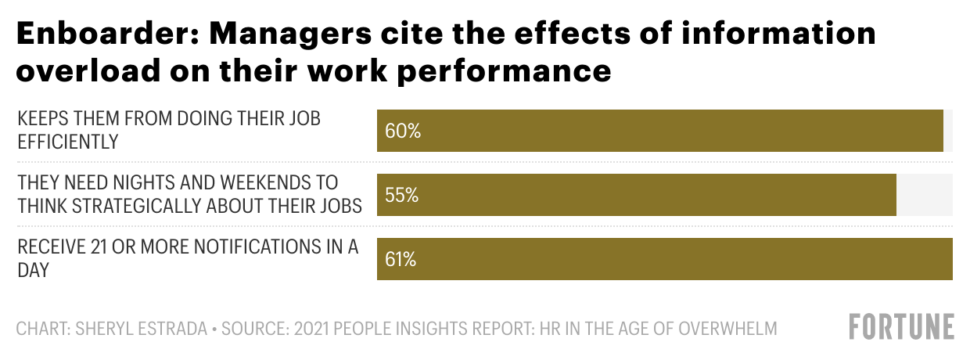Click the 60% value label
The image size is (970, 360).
click(403, 131)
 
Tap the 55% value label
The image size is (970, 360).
click(402, 195)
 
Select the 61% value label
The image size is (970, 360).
click(401, 259)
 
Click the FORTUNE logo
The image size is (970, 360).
click(902, 326)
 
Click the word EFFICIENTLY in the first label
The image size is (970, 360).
click(68, 142)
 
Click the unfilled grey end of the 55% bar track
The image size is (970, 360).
click(924, 195)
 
